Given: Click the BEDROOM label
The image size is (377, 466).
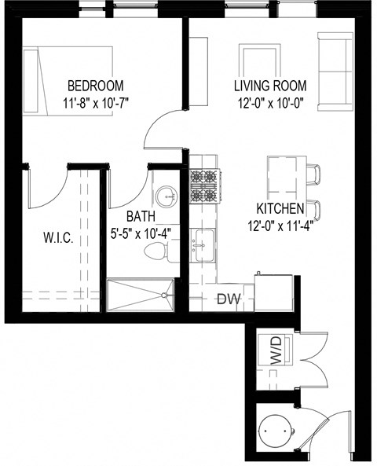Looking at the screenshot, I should pos(95,86).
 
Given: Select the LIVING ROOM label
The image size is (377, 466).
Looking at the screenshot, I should pos(269,86).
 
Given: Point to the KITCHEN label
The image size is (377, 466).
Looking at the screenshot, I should pos(280,209).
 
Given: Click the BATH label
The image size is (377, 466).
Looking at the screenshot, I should pos(141,216).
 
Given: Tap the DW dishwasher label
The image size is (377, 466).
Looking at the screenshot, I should pos(229,298).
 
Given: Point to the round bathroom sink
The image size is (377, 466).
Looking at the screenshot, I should pos(166,193).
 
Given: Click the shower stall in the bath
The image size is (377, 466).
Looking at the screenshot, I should pos(140,295).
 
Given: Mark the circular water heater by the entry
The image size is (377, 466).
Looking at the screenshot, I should pos(276,431).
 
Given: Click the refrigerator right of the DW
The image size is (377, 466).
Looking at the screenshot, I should pos(275,292).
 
